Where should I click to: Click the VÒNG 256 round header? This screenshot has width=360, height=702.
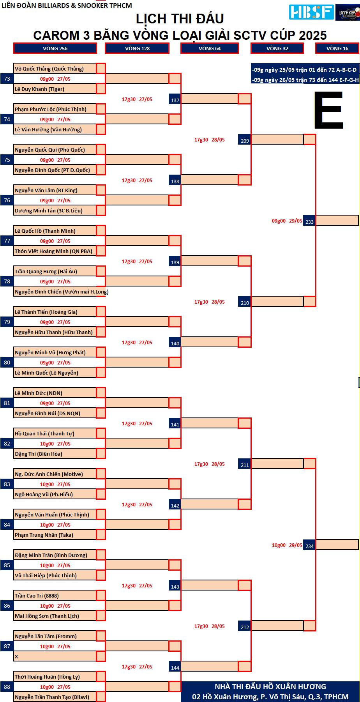point(55,48)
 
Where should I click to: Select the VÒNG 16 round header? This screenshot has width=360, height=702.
point(337,48)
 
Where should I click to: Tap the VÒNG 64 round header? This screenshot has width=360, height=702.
point(210,48)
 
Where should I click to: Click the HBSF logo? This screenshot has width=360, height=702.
point(311,12)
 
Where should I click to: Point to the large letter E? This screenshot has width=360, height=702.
point(329,110)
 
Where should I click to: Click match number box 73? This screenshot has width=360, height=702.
point(7,79)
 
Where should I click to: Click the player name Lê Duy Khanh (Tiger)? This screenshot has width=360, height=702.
point(39,89)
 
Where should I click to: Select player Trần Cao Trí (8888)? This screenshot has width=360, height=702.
point(37,596)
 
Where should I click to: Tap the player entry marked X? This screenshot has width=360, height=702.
point(16,656)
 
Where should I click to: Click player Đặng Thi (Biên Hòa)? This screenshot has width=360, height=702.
point(39,454)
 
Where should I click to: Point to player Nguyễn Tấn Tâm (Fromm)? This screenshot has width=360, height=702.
point(46,636)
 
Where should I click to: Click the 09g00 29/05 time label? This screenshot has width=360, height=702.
point(287,221)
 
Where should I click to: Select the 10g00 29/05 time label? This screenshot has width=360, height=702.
point(287,545)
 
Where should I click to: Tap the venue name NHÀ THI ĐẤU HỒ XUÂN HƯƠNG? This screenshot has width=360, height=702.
point(270,686)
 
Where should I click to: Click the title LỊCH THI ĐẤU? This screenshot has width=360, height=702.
point(180,18)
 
